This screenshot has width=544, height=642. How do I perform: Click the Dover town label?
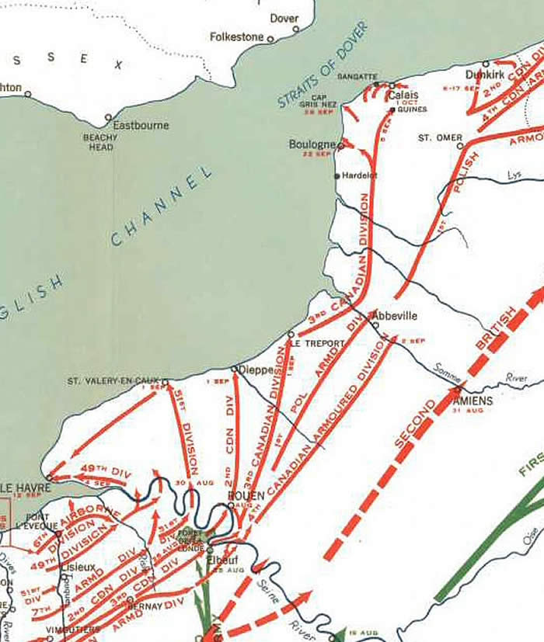coord(284,18)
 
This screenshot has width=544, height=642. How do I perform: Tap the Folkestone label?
coord(238,36)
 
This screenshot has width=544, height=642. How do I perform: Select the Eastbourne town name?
coord(141,125)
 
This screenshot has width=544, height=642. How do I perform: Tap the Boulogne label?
coord(312,144)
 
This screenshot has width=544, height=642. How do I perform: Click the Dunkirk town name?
coord(485,75)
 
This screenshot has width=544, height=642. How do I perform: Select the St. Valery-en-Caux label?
coord(113,380)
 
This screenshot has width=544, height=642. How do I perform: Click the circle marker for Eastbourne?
coord(109,119)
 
